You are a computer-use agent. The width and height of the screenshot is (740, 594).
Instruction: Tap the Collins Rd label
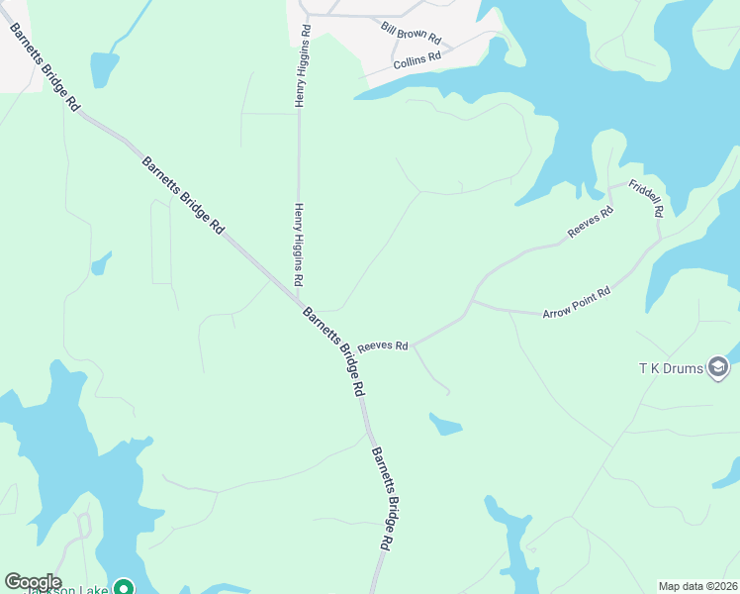pyautogui.click(x=417, y=60)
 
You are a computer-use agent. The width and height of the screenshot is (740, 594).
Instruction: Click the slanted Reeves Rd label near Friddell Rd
pyautogui.click(x=591, y=222)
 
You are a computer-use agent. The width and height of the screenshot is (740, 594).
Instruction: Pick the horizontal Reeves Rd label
pyautogui.click(x=383, y=346)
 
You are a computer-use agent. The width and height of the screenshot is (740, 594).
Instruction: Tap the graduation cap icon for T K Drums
pyautogui.click(x=719, y=369)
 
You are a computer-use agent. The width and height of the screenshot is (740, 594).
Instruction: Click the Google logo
pyautogui.click(x=33, y=582)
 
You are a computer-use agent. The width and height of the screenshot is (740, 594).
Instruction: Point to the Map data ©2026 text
pyautogui.click(x=698, y=586)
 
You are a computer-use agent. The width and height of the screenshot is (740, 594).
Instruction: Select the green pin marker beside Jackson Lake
pyautogui.click(x=124, y=587)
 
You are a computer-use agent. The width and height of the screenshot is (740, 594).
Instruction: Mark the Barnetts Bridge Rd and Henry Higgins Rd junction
pyautogui.click(x=298, y=294)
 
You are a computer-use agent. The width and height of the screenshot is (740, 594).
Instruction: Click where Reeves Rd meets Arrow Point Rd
pyautogui.click(x=473, y=302)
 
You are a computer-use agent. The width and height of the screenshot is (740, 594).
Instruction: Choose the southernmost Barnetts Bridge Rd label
pyautogui.click(x=383, y=498)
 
